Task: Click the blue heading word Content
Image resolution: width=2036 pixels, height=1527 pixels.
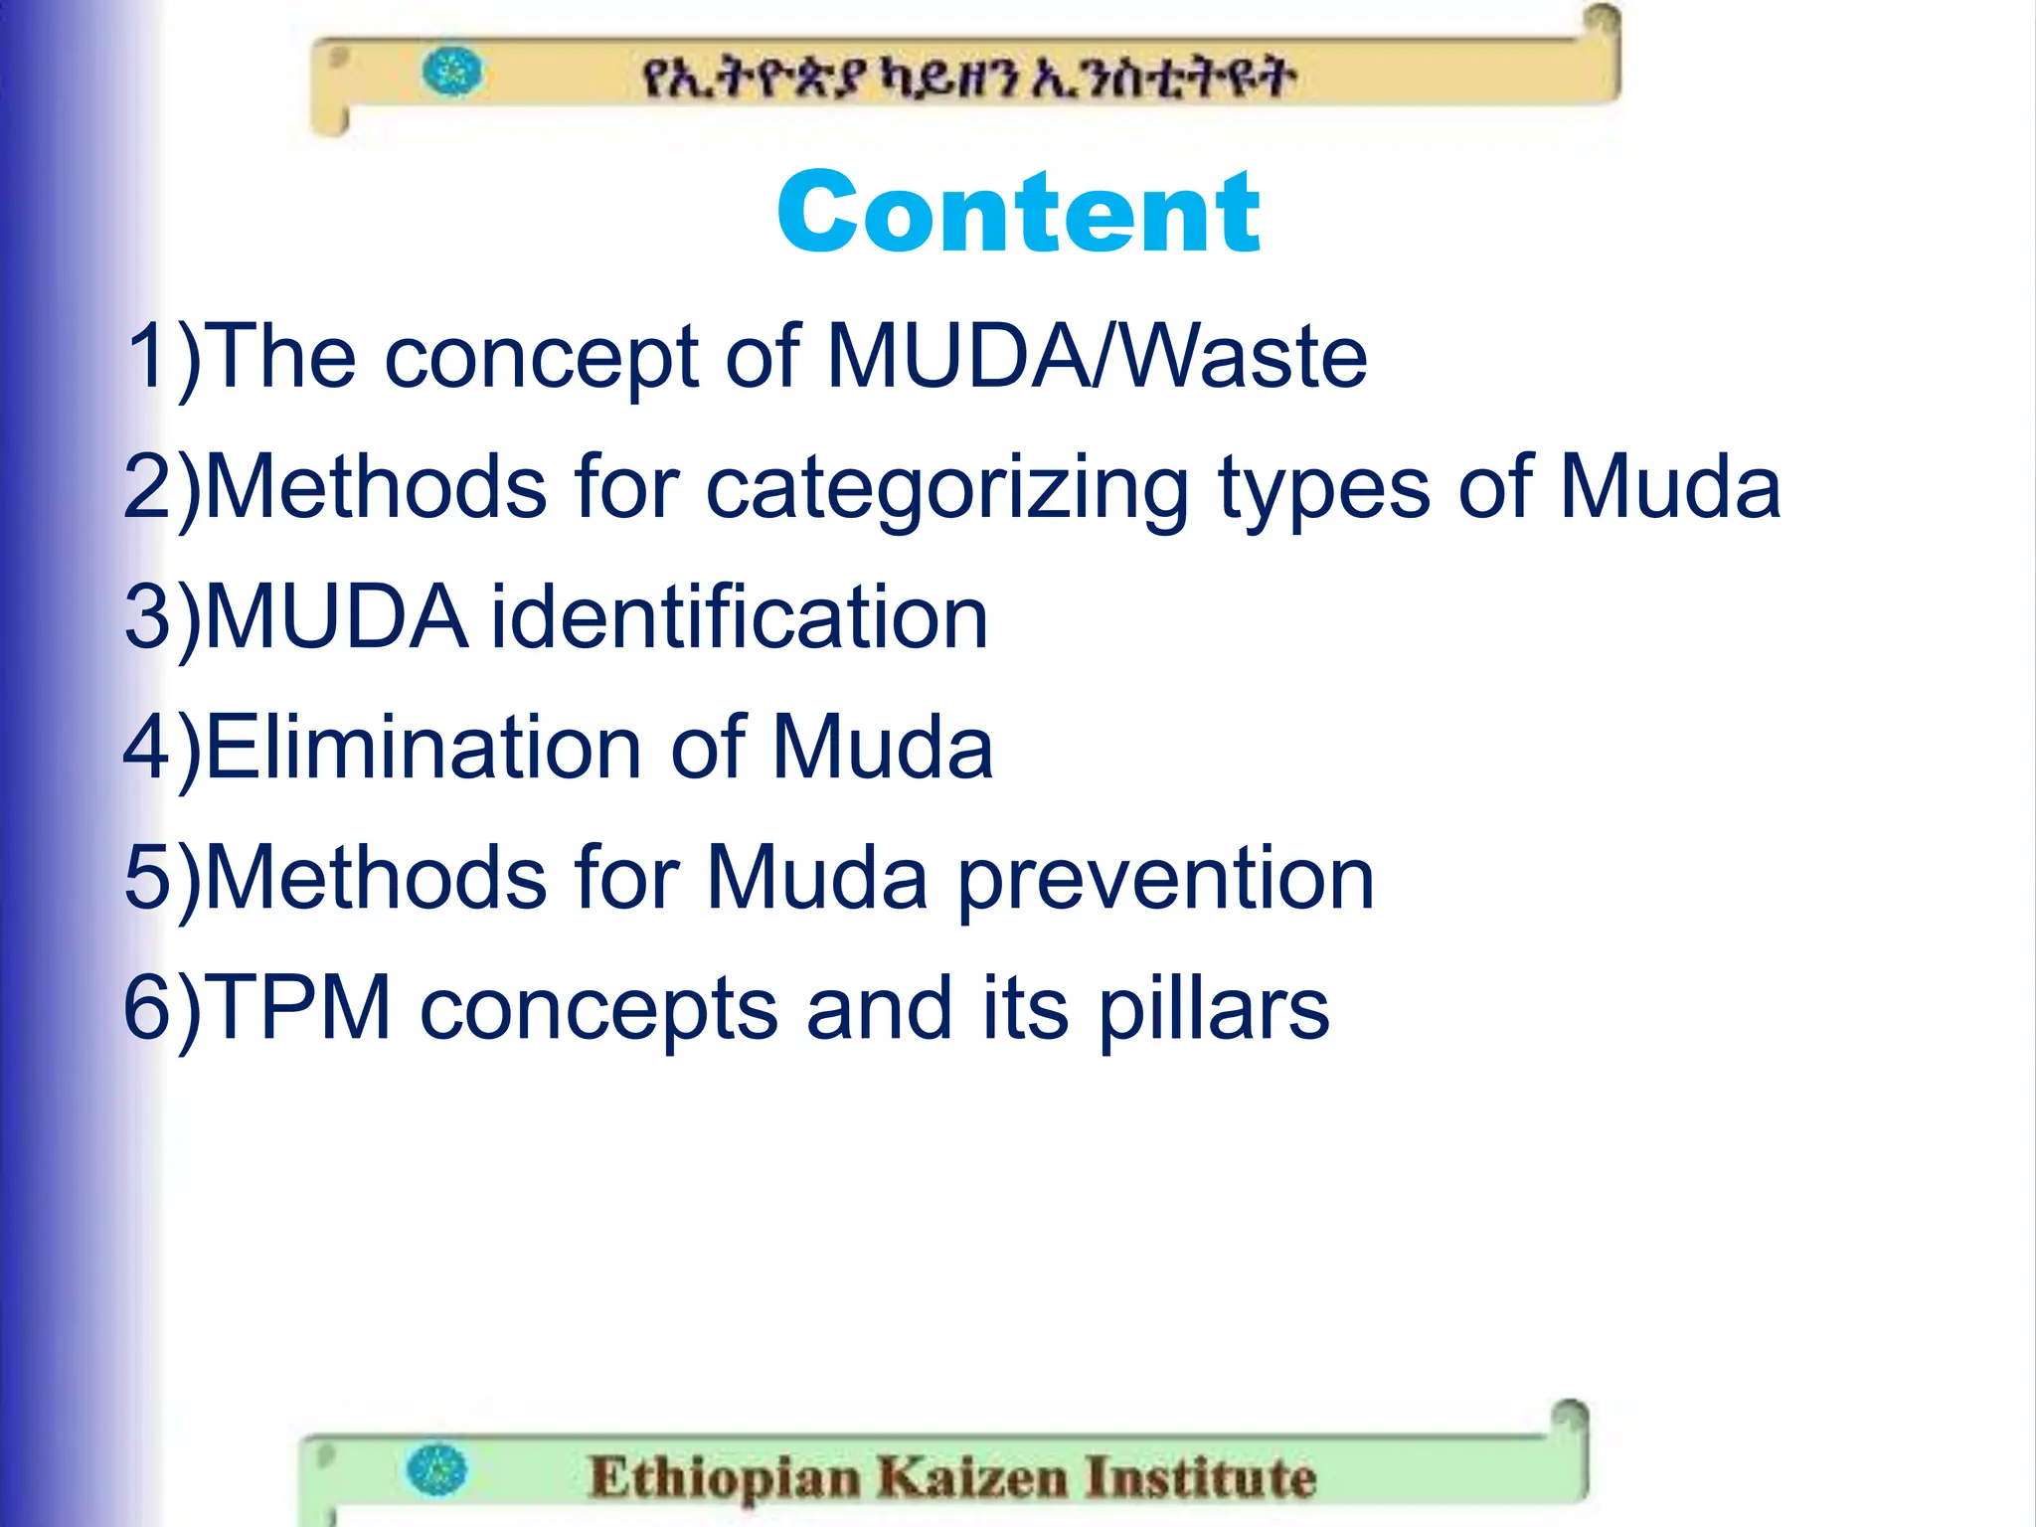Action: pyautogui.click(x=1018, y=213)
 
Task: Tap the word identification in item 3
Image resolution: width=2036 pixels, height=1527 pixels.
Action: pyautogui.click(x=741, y=617)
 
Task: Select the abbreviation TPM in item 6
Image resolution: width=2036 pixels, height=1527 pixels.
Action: pyautogui.click(x=301, y=1008)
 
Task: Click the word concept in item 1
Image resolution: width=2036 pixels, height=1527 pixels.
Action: pyautogui.click(x=541, y=358)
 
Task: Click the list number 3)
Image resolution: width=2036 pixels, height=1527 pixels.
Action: pyautogui.click(x=162, y=617)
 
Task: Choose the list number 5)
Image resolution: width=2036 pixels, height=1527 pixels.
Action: pyautogui.click(x=162, y=878)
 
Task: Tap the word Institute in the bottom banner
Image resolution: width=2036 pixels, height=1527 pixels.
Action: pyautogui.click(x=1200, y=1476)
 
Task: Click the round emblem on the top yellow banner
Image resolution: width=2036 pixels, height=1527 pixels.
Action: pyautogui.click(x=451, y=72)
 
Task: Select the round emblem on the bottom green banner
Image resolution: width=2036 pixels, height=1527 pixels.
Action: pyautogui.click(x=436, y=1470)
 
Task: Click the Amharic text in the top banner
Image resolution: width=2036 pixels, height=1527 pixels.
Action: pyautogui.click(x=969, y=78)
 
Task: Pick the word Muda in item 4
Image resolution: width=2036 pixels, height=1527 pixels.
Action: pyautogui.click(x=882, y=748)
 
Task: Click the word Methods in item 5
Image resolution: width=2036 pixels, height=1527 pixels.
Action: pyautogui.click(x=376, y=878)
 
